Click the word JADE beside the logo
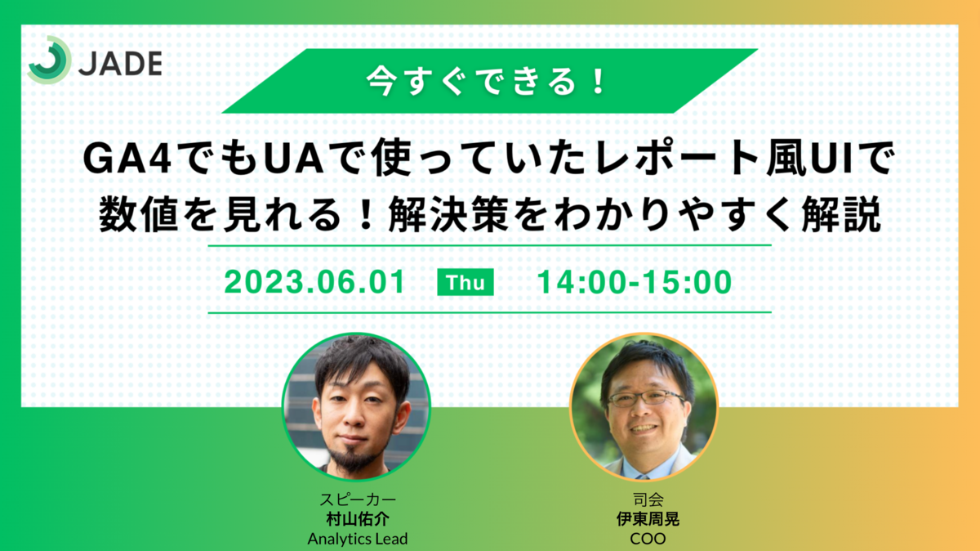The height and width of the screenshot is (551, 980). pyautogui.click(x=120, y=64)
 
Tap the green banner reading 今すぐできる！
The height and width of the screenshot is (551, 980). pyautogui.click(x=489, y=81)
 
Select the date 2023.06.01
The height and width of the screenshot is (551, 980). pyautogui.click(x=314, y=282)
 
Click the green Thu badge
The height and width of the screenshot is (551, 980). pyautogui.click(x=465, y=282)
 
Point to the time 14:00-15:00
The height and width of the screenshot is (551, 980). pyautogui.click(x=635, y=282)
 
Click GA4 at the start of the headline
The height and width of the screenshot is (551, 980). pyautogui.click(x=127, y=159)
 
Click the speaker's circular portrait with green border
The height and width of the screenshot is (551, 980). pyautogui.click(x=356, y=406)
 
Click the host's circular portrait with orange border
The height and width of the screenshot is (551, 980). pyautogui.click(x=644, y=406)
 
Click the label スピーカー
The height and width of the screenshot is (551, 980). pyautogui.click(x=358, y=499)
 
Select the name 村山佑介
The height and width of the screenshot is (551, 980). pyautogui.click(x=358, y=519)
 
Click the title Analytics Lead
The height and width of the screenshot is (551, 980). pyautogui.click(x=358, y=538)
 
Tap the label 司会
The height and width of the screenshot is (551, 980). pyautogui.click(x=648, y=499)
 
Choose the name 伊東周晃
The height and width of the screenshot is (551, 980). pyautogui.click(x=648, y=519)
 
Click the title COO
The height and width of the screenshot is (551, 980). pyautogui.click(x=648, y=538)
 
